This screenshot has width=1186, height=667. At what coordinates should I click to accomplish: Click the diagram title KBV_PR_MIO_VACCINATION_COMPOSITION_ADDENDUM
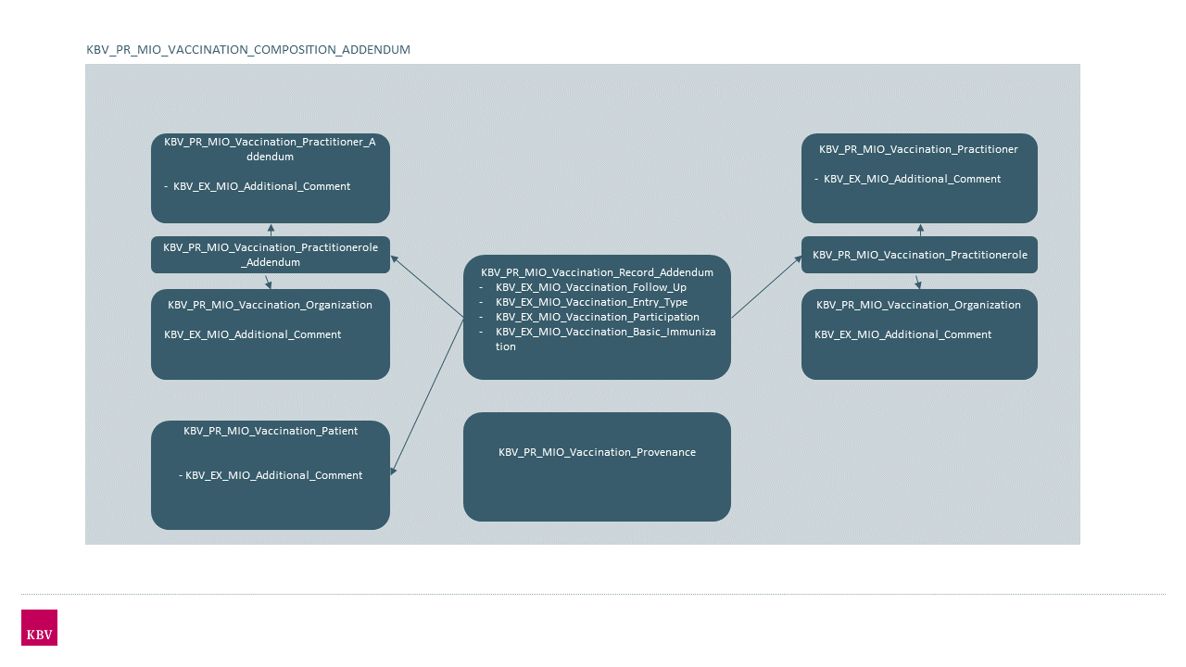(248, 49)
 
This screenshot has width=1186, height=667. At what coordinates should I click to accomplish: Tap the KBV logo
(39, 627)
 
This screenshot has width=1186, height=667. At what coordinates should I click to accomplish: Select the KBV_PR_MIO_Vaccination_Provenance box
(597, 466)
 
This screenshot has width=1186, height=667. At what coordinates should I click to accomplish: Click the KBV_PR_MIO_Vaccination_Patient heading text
(271, 431)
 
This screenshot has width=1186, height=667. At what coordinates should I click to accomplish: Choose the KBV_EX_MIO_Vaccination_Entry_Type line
(591, 302)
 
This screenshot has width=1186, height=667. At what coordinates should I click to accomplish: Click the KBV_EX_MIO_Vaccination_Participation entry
(597, 317)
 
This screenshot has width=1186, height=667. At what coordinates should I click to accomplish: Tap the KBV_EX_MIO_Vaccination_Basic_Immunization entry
(605, 332)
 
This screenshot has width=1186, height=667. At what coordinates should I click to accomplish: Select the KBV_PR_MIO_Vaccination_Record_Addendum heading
(597, 272)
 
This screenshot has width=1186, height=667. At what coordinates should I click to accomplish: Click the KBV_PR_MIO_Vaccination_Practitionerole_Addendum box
(271, 255)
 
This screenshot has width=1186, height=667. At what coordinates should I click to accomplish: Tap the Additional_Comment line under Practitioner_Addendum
(261, 186)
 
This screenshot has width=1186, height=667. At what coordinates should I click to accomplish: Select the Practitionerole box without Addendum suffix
(919, 255)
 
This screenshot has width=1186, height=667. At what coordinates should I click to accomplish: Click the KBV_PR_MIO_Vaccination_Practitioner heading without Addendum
(918, 149)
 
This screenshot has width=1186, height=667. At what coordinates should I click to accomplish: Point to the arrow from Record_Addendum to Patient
(427, 397)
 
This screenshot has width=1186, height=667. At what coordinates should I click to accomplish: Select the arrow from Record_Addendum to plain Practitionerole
(766, 287)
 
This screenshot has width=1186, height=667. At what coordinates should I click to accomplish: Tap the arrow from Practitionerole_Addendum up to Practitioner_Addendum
(271, 230)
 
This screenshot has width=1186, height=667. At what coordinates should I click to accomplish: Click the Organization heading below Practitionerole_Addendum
(270, 305)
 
